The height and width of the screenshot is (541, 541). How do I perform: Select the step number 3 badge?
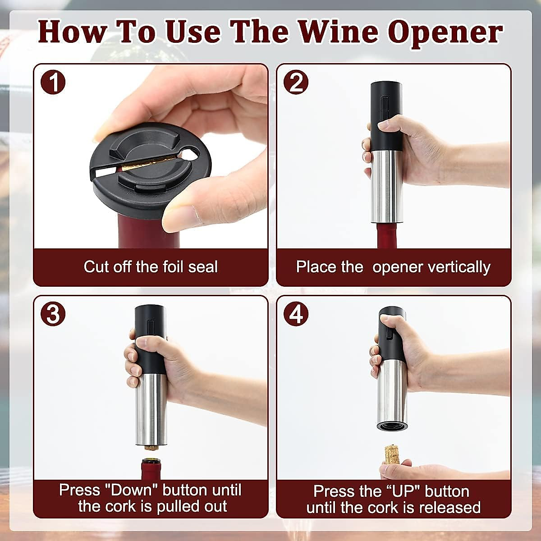(53, 314)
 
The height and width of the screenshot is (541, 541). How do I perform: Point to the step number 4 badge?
(296, 314)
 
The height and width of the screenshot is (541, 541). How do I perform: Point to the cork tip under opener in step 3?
(149, 448)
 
